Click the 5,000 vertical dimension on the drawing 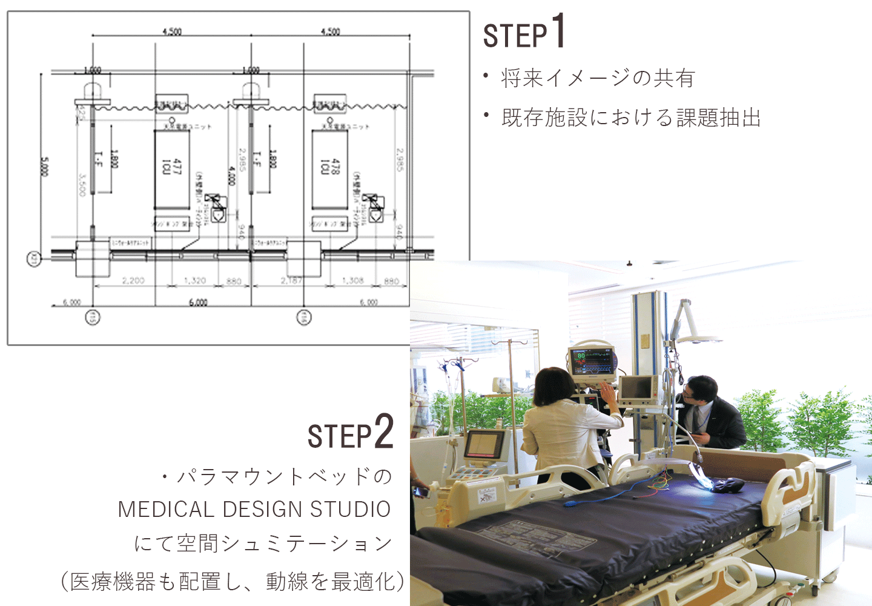[44, 167]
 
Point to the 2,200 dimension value [133, 281]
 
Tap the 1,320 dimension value [195, 281]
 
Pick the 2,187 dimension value [292, 281]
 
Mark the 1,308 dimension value [352, 281]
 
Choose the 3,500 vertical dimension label [82, 184]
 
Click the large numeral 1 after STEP [558, 32]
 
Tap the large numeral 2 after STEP [384, 431]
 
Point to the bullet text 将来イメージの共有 [598, 78]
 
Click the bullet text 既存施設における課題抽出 [631, 118]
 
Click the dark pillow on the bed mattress [727, 485]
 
